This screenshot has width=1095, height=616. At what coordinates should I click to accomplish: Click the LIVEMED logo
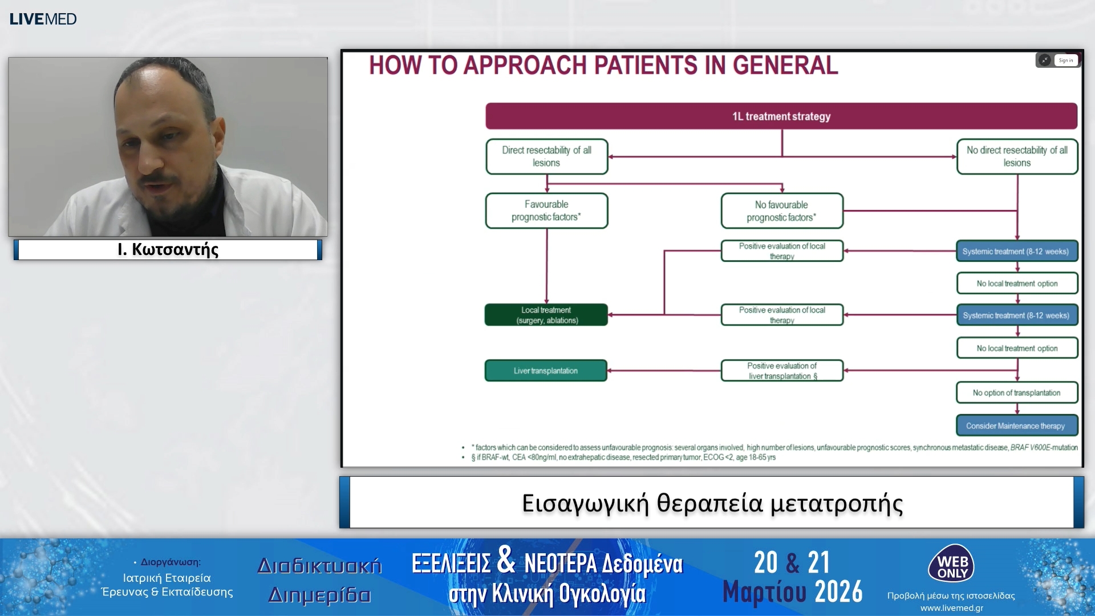point(43,19)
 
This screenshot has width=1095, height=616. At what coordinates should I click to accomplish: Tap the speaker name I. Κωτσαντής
point(168,250)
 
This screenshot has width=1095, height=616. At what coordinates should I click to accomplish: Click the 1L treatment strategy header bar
point(781,116)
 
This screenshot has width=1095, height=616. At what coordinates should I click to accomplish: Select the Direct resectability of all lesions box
point(546,156)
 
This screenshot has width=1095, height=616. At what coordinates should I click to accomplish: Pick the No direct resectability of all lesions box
point(1017,156)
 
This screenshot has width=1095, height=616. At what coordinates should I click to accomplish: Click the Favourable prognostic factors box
point(546,210)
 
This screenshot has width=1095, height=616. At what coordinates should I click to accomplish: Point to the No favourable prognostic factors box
point(781,211)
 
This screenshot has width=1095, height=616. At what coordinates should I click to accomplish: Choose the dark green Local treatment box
point(546,315)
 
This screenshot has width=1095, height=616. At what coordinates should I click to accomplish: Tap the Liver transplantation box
point(546,371)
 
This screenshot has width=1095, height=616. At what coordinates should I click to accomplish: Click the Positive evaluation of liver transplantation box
point(782,371)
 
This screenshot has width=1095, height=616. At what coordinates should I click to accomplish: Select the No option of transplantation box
point(1017,393)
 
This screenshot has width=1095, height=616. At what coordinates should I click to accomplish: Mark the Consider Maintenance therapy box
point(1017,425)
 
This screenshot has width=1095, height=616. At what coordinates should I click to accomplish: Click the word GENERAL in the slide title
point(785,66)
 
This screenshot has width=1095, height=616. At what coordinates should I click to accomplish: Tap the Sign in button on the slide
point(1065,60)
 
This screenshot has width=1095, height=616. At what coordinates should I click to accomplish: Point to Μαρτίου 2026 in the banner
point(792,592)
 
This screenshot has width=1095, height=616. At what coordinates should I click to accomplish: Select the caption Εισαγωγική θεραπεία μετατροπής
point(712,503)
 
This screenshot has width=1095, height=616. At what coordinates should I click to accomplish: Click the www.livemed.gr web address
point(951,608)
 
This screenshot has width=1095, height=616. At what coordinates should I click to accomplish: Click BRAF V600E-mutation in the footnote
point(1044,448)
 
